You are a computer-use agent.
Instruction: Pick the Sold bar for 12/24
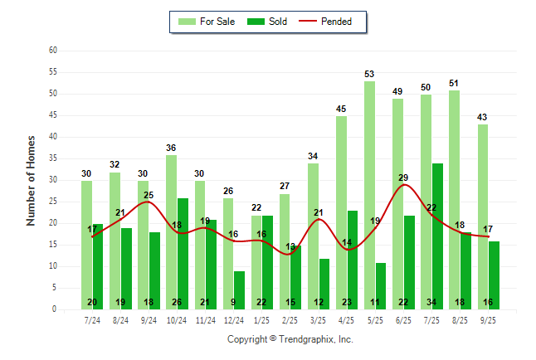tap(239, 290)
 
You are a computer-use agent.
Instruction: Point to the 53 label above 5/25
tap(369, 75)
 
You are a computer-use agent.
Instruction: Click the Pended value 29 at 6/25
tap(403, 178)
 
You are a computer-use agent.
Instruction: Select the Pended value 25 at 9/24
tap(149, 196)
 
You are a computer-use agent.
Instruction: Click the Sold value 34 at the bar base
tap(437, 302)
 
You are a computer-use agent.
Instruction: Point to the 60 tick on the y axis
tap(53, 51)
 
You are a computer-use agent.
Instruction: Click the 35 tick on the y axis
tap(53, 158)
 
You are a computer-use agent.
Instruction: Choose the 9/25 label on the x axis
tap(488, 320)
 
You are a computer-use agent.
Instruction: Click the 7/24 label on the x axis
tap(92, 320)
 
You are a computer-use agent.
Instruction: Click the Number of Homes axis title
tap(31, 180)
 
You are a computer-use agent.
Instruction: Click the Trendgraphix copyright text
tap(290, 339)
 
